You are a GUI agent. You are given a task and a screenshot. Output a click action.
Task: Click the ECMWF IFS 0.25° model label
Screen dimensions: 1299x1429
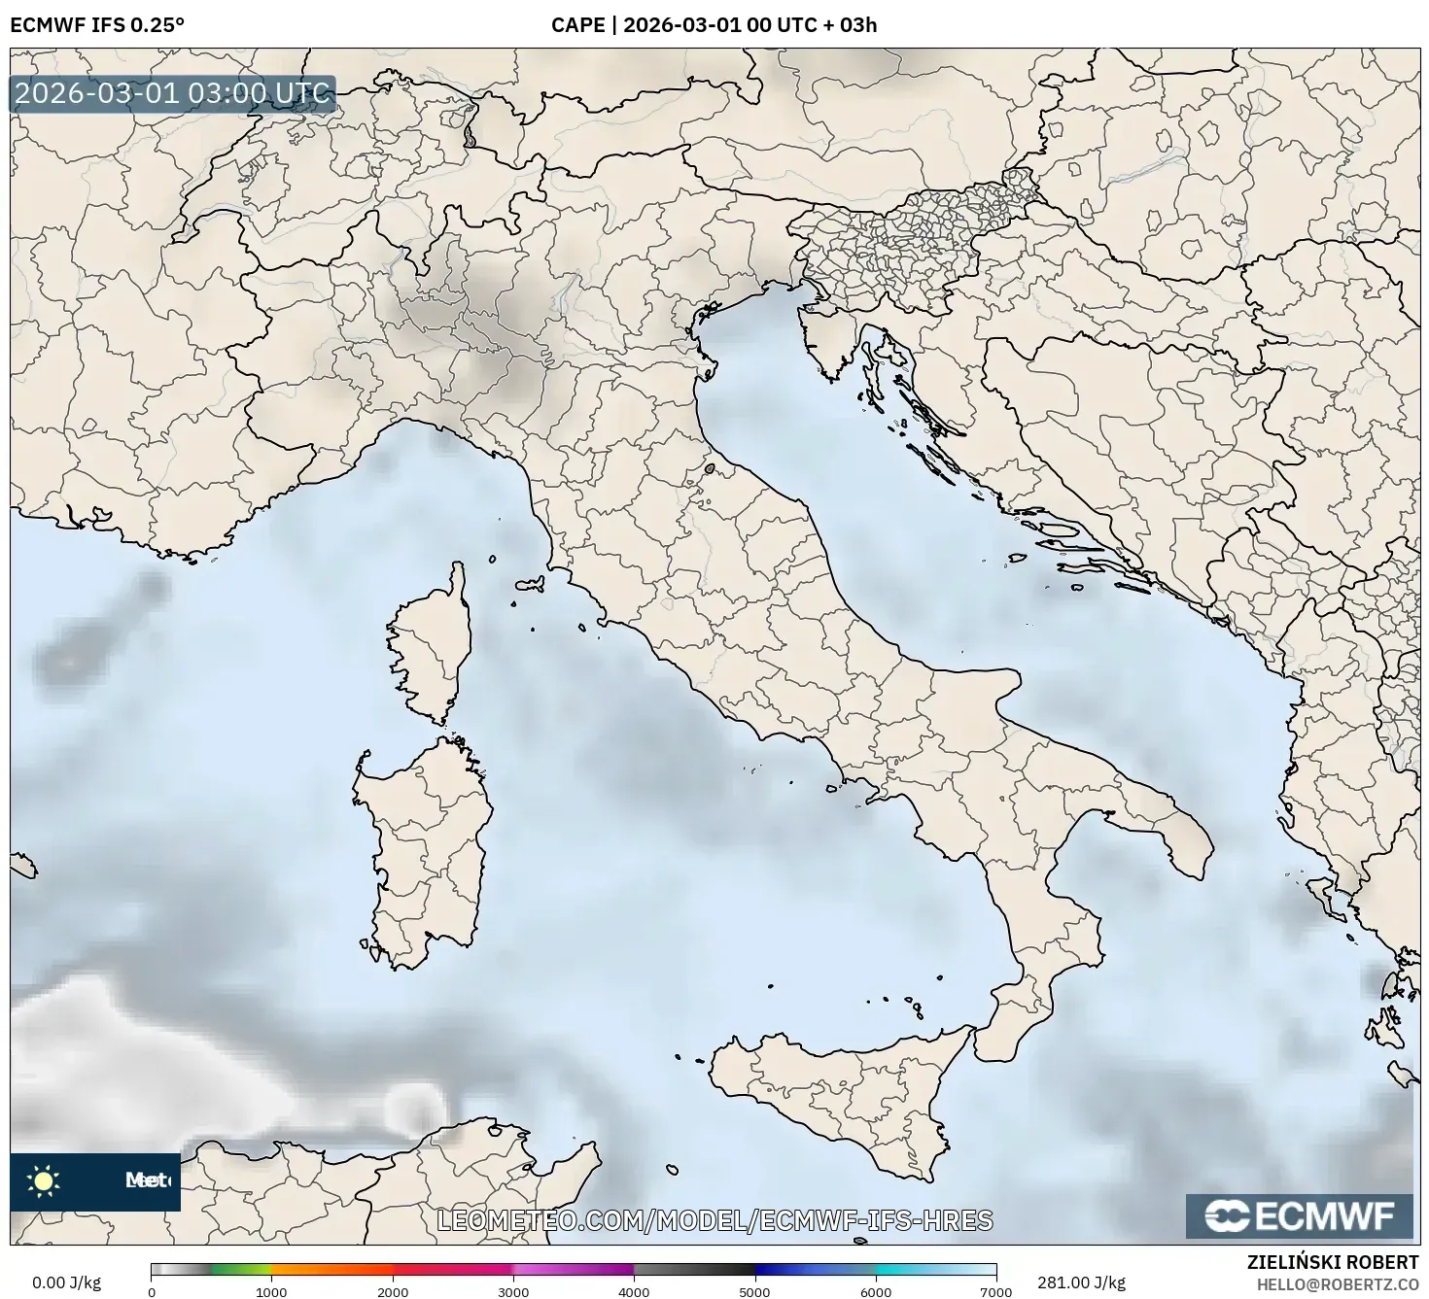pos(97,24)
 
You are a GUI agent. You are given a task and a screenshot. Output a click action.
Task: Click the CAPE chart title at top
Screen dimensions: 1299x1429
pos(714,24)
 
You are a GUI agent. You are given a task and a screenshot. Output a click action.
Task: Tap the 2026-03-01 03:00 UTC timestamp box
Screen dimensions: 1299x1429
pos(173,94)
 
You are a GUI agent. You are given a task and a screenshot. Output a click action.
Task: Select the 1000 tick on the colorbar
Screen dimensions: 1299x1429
pos(271,1291)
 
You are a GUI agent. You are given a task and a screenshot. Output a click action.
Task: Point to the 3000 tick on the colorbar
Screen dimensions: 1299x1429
pos(513,1291)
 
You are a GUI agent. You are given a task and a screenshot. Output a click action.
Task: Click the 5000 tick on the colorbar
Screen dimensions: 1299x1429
pos(754,1291)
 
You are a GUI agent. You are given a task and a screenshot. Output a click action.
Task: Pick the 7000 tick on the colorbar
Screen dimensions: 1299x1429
pos(995,1291)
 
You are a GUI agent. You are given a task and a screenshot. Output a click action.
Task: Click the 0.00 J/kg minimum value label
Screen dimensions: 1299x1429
pos(67,1282)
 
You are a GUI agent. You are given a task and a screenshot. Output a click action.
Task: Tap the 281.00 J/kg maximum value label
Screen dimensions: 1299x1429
pos(1081,1282)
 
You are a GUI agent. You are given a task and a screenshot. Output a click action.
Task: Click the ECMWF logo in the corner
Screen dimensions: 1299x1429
pos(1299,1216)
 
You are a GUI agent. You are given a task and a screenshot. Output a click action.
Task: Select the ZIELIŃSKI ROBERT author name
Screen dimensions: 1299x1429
pos(1333,1262)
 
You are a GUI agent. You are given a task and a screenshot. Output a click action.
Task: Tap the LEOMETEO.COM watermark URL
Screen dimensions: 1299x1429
pos(714,1220)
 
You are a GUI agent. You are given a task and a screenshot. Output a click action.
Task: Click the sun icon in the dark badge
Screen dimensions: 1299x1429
pos(44,1181)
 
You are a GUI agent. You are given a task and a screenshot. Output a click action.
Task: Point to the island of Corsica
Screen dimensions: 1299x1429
pos(430,641)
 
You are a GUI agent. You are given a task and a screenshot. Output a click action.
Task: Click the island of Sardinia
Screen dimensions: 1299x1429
pos(423,845)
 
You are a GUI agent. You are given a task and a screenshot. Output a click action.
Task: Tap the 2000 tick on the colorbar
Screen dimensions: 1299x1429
pos(393,1291)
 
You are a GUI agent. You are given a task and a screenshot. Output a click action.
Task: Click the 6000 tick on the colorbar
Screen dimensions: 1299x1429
pos(875,1291)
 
